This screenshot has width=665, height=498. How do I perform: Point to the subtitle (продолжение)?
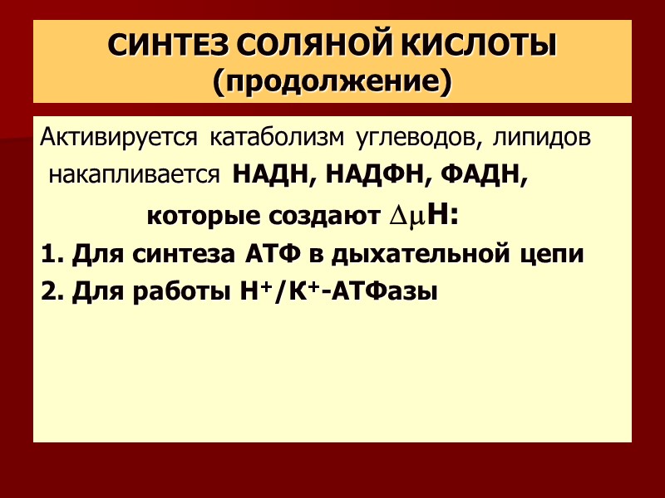coord(332,81)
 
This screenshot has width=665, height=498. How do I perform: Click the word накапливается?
coord(134,177)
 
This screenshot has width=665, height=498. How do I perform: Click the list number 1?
coord(47,254)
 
